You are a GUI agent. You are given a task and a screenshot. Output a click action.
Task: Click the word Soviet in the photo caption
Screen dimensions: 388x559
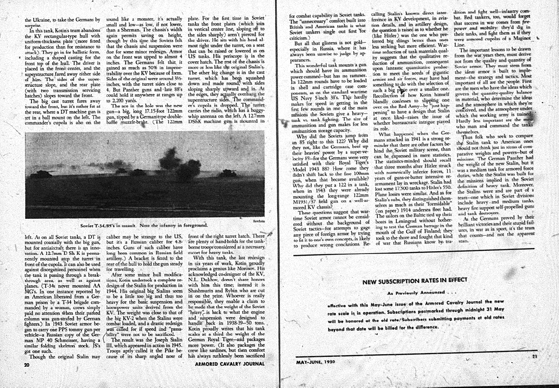(88, 226)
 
